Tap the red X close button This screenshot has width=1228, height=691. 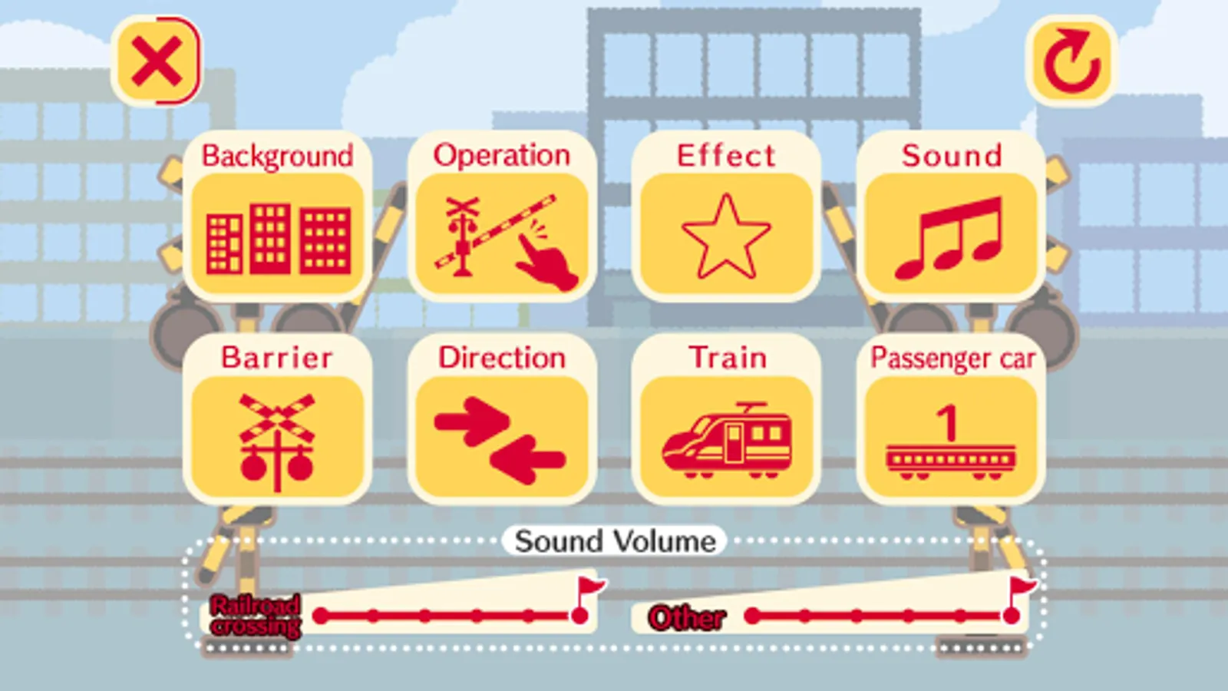[157, 61]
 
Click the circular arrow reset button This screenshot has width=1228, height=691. [1071, 61]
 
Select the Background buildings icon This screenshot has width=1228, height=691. [279, 239]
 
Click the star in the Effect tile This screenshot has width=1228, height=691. [726, 237]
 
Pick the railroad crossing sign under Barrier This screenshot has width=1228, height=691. [277, 442]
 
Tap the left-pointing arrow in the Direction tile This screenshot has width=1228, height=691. [527, 460]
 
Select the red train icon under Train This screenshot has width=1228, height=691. [727, 440]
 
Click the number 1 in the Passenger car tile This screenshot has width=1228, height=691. [948, 422]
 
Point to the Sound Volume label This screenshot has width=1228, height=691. [615, 541]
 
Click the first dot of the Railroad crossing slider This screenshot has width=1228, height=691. [321, 616]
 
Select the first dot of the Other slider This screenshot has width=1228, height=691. [753, 616]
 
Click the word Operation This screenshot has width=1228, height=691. [502, 156]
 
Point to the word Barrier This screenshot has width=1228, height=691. [277, 358]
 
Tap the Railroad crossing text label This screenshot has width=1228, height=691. [256, 617]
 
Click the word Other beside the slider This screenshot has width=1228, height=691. [687, 618]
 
